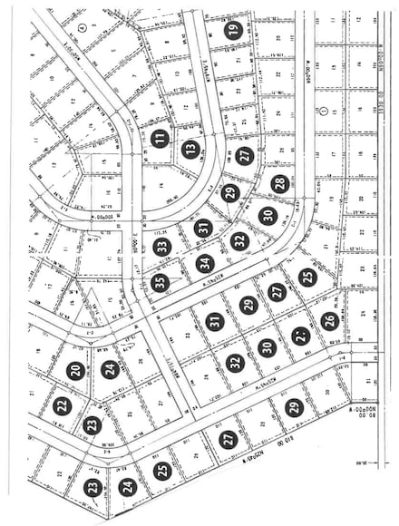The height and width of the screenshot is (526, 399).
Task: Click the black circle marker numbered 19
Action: click(x=233, y=29)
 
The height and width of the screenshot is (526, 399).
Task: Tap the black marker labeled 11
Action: click(x=161, y=139)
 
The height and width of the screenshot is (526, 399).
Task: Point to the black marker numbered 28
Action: click(x=279, y=184)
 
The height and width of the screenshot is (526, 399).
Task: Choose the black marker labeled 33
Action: click(x=162, y=246)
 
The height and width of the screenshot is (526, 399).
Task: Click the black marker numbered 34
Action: click(x=205, y=265)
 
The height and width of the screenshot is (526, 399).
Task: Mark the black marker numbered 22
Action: click(x=62, y=406)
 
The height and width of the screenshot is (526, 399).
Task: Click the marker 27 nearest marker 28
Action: click(x=245, y=156)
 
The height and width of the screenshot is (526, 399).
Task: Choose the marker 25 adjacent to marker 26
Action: click(x=307, y=278)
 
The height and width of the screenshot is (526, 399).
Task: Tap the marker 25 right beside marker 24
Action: click(x=162, y=471)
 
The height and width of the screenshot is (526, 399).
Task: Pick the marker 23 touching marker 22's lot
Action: click(x=92, y=424)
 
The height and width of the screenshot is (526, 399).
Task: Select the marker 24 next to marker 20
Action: click(x=111, y=369)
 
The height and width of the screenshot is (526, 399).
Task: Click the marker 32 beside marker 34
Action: click(x=239, y=241)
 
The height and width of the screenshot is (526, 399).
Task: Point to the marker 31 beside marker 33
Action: click(x=204, y=228)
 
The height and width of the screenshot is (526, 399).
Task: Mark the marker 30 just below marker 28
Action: click(x=267, y=216)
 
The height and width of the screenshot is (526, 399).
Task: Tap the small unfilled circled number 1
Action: click(x=324, y=110)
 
